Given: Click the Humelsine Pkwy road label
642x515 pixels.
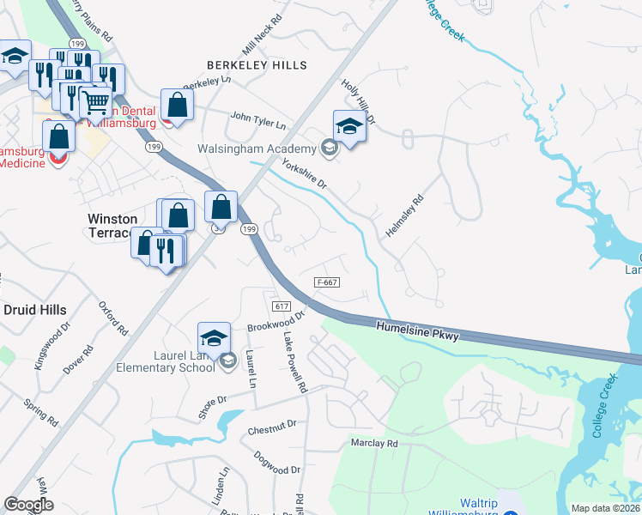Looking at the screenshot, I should [417, 330].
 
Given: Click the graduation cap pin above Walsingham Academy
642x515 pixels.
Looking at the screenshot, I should [349, 128].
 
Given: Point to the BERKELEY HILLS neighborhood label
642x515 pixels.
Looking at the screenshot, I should [257, 65].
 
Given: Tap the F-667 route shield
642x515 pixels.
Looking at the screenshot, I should [327, 281].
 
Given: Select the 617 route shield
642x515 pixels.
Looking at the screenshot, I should [281, 306].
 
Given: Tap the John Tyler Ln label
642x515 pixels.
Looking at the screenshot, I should [257, 119].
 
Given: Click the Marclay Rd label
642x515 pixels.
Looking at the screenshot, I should [374, 444].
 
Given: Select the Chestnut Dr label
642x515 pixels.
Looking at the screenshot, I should [271, 424].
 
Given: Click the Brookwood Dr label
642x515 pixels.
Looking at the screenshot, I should [276, 322].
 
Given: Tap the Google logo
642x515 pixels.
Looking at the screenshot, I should [29, 505].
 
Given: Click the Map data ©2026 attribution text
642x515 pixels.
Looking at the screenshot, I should [606, 508].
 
